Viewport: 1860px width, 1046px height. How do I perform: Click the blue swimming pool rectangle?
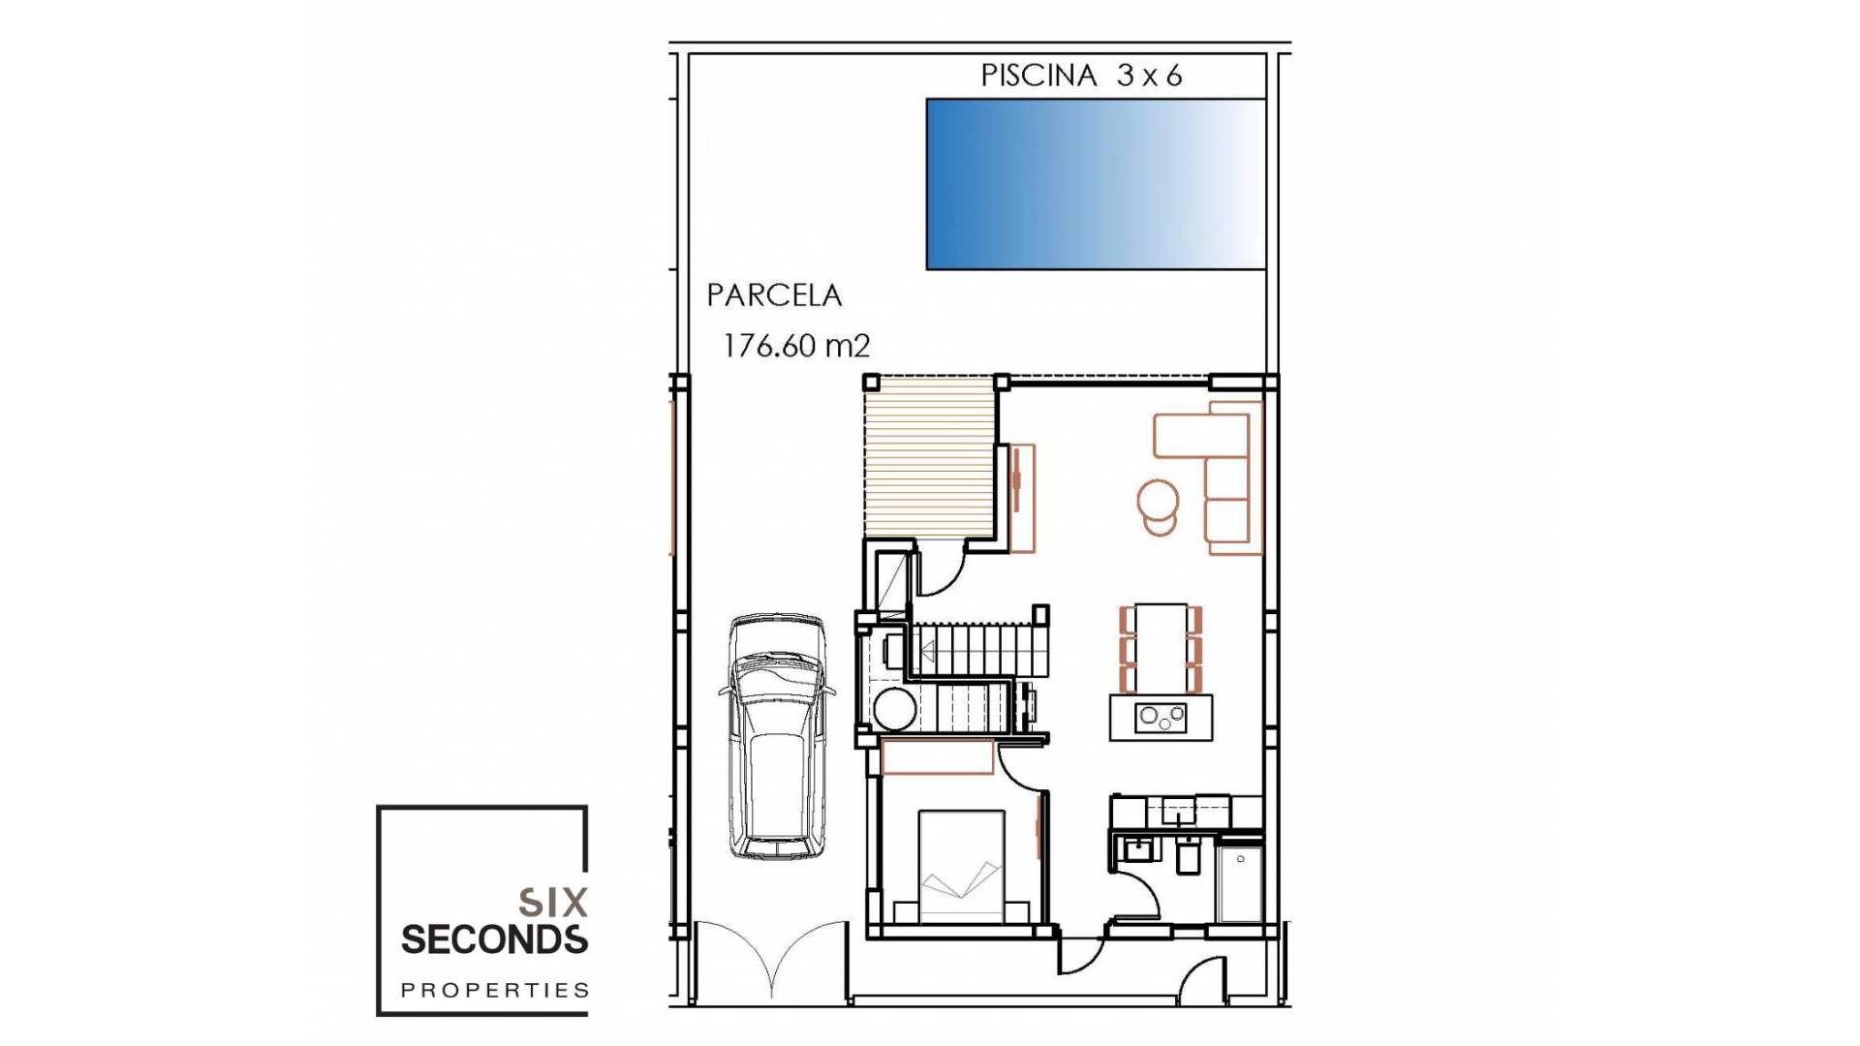[1096, 184]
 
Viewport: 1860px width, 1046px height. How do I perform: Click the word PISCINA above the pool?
[1038, 76]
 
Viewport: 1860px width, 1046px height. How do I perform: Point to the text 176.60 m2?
[796, 346]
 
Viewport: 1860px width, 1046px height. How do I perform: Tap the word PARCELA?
[773, 295]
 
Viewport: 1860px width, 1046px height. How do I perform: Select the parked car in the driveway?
[777, 736]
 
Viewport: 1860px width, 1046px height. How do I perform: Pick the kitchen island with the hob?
[1161, 718]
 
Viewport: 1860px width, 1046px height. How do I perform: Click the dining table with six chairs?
[1161, 648]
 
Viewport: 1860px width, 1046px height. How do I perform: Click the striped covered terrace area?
[929, 458]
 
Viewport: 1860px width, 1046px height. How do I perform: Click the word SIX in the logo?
[553, 903]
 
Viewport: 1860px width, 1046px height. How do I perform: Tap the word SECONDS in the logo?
[494, 939]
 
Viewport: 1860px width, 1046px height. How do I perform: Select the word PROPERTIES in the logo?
[494, 990]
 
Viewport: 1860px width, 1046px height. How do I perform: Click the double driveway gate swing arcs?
[771, 959]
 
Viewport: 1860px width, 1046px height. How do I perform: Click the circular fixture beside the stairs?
[894, 709]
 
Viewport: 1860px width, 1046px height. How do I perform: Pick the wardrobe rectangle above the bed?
[937, 757]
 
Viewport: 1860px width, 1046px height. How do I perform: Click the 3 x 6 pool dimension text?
[1149, 76]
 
